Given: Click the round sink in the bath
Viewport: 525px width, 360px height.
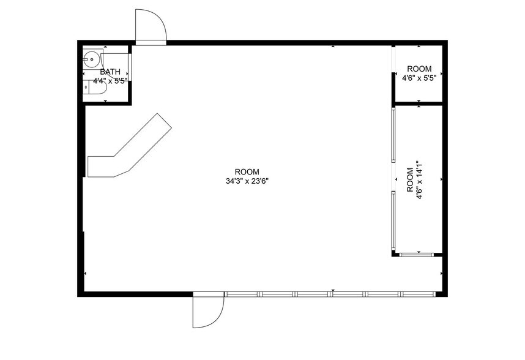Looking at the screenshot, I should pos(92,60).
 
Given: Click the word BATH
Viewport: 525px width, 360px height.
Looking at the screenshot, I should pos(110,72).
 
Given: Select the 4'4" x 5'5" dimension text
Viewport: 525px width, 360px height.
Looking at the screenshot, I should pos(110,81).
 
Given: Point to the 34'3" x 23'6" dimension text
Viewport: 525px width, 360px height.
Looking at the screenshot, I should pos(247,181).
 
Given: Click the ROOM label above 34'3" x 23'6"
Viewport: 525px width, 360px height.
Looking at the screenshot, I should pos(247,171).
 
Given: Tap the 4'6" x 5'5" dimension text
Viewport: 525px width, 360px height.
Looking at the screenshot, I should pos(419,78).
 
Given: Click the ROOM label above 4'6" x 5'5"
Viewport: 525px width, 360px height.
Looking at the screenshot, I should pos(419,69).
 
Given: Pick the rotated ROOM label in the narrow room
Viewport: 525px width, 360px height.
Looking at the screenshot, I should pos(410,180).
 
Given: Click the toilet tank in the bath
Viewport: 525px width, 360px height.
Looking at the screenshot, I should pos(86,89).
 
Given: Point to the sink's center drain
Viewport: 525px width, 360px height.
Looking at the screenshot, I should pos(92,60).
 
